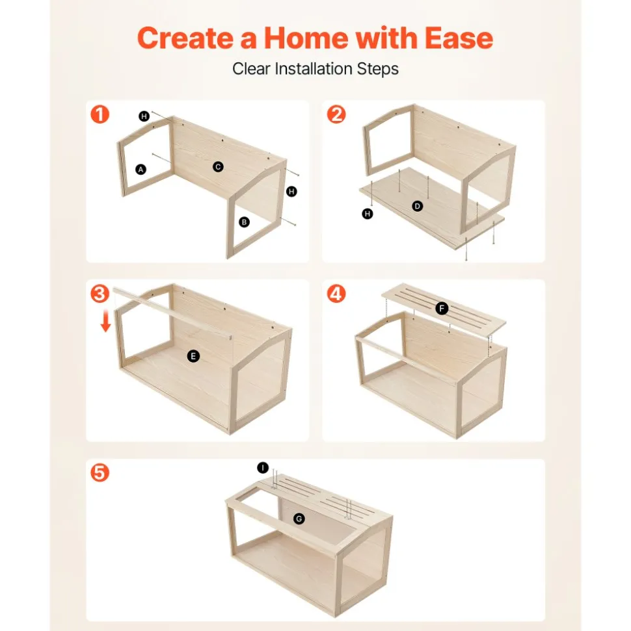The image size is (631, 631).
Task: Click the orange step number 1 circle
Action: coord(100,114)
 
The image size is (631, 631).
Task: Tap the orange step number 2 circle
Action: coord(336,114)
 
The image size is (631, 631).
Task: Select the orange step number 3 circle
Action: coord(100,294)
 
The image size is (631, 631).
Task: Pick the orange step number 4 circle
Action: coord(336,294)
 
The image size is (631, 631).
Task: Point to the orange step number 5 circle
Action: coord(100,472)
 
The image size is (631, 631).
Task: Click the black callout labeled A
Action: coord(141,170)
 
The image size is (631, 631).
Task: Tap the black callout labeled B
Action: coord(244,222)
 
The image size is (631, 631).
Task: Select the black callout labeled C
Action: coord(218,166)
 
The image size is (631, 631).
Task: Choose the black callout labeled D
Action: coord(418,207)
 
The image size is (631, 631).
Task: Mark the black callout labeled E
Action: coord(193,356)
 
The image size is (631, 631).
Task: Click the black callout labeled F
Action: coord(442,309)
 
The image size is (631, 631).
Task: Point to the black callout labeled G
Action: coord(299,519)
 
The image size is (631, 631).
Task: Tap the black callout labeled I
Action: coord(263,468)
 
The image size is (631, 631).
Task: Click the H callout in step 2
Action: coord(368,214)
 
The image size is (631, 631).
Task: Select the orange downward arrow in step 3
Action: coord(105,321)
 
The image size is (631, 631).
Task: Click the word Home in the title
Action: coord(306,38)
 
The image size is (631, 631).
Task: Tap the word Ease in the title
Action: coord(459,38)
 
